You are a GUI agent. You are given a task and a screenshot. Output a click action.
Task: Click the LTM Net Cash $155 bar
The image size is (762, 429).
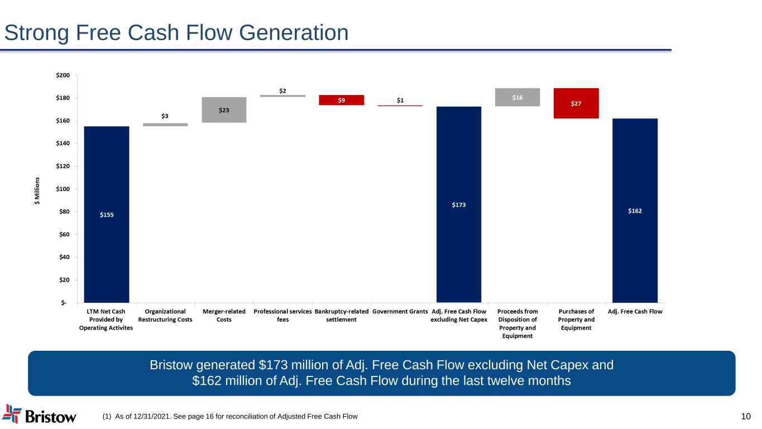point(107,214)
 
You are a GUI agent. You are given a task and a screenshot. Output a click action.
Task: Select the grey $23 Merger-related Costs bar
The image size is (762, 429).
point(224,109)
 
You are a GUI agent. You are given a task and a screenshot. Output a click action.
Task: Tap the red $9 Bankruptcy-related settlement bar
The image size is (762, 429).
point(341,100)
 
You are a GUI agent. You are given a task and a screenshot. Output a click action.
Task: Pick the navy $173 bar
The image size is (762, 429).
point(458,204)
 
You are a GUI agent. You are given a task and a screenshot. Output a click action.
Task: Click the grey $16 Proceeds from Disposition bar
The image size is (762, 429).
point(517,97)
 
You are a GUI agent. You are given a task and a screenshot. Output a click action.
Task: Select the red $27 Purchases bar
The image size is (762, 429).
point(576,103)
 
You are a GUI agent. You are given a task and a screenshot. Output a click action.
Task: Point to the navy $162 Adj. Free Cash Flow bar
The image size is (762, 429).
point(635,210)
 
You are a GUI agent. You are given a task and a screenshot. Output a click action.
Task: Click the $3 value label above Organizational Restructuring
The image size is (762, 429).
point(165,116)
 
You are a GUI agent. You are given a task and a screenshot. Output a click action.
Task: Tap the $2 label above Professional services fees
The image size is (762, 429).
point(283,90)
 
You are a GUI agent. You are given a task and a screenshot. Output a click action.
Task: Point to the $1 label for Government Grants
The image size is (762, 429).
point(400,100)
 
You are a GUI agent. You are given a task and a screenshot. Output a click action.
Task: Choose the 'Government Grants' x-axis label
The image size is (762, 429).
point(400,311)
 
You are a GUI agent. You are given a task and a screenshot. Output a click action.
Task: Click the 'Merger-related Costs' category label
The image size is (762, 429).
point(224,315)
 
